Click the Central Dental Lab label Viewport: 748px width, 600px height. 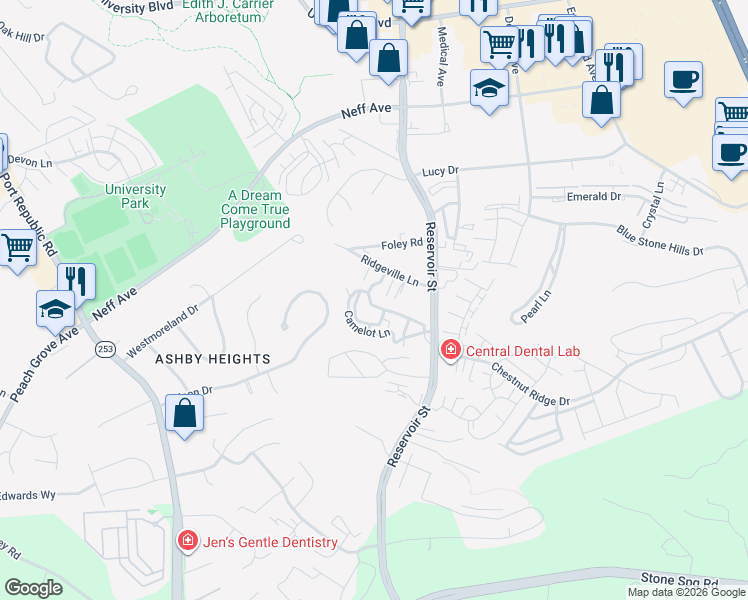[x=523, y=351]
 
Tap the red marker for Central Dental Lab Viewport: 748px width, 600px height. [x=451, y=350]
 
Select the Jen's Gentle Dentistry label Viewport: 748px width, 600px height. [x=270, y=543]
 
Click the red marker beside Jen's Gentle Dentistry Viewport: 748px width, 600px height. [x=187, y=542]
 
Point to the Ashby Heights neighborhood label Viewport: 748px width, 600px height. [x=214, y=358]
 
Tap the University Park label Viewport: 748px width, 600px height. [x=135, y=196]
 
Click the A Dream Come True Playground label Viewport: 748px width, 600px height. [x=258, y=210]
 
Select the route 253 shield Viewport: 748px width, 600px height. [x=105, y=348]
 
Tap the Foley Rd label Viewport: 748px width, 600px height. [x=402, y=243]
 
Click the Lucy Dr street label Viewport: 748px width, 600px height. [x=438, y=171]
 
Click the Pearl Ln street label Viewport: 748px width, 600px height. [x=536, y=306]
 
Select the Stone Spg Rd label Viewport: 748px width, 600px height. [x=680, y=581]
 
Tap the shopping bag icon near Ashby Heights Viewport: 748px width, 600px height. [x=185, y=413]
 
